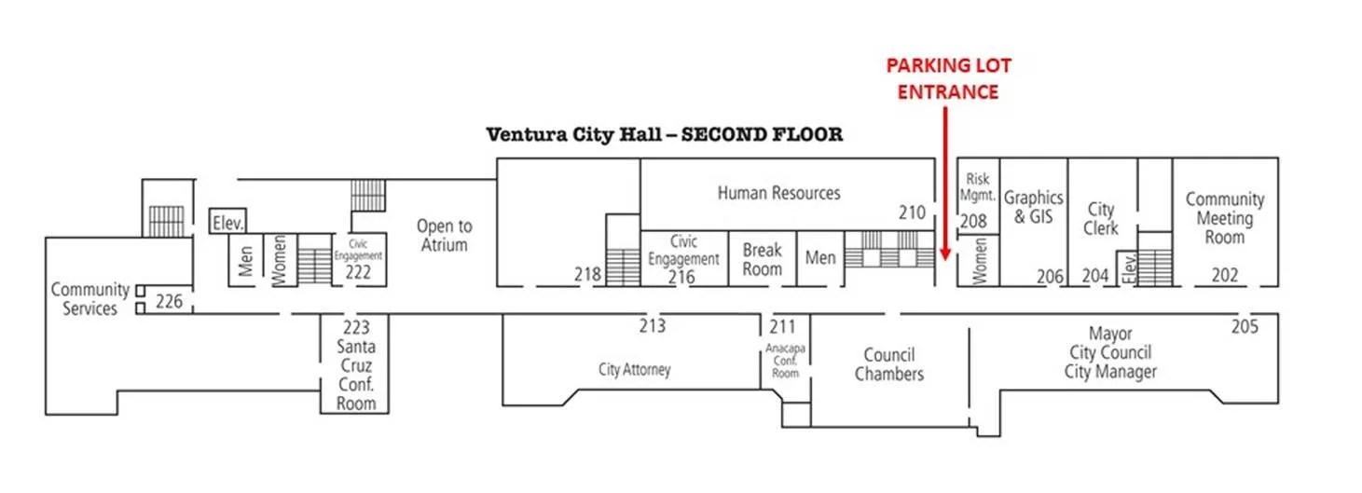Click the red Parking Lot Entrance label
948,78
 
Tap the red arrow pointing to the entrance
946,186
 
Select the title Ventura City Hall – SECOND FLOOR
665,134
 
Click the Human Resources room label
778,193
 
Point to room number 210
913,213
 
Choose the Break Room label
762,259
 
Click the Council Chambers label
889,364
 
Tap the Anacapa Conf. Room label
785,361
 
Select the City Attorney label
634,370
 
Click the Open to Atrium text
444,235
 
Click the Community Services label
89,299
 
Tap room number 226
169,301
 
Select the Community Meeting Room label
1224,218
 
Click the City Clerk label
1100,218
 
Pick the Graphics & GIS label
1033,207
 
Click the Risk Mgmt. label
977,186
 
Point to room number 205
1245,326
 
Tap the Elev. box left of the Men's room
227,223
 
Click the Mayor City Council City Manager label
1110,352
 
